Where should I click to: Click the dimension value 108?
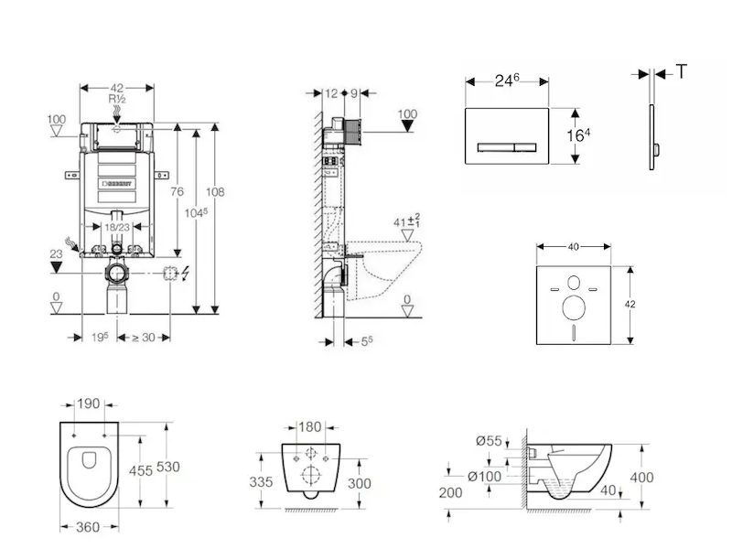[216, 192]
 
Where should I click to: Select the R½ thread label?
[117, 99]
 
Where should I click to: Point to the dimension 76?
[178, 191]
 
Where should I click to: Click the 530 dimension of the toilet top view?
[167, 467]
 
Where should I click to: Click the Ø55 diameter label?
[490, 442]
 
